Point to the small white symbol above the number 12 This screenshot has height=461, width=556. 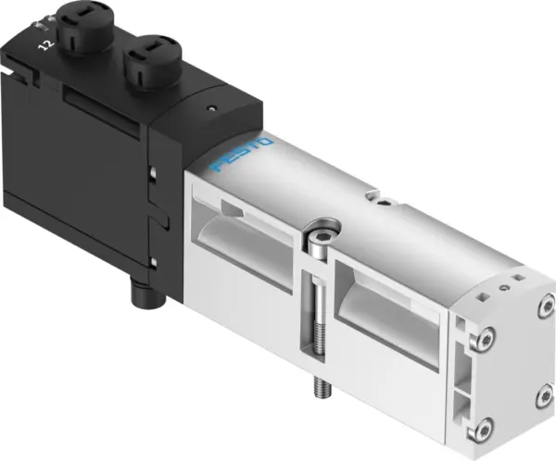tap(39, 25)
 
